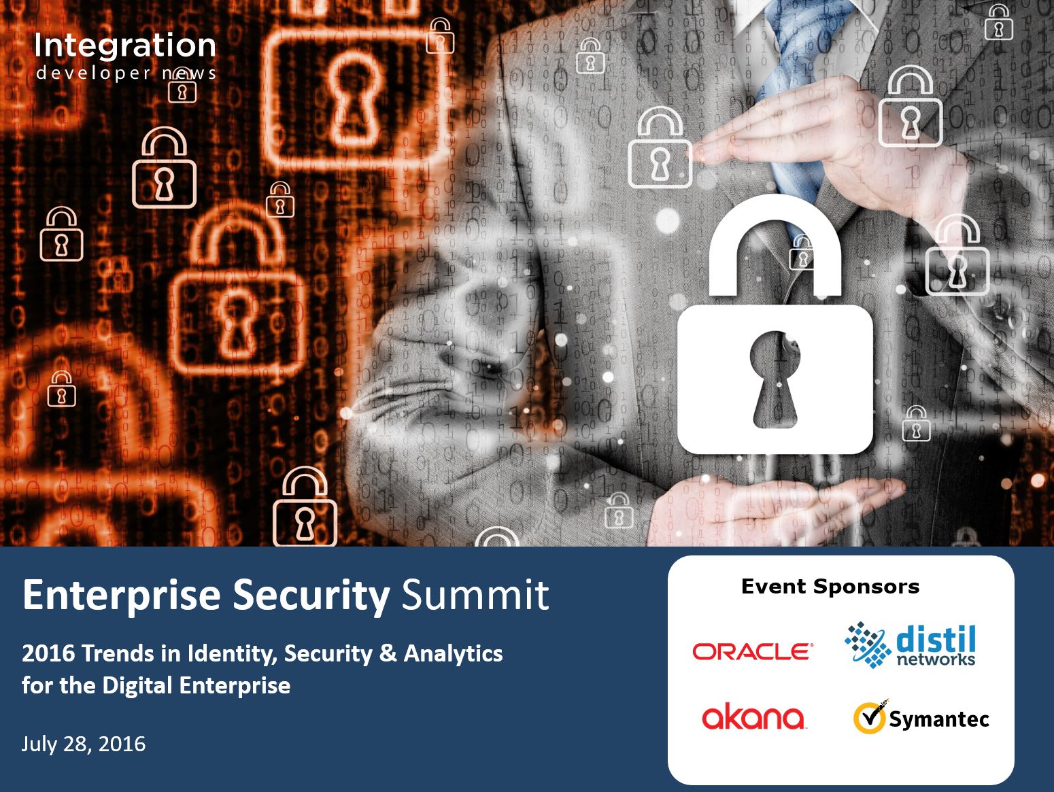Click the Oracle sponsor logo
753,652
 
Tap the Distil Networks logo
910,645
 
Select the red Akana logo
753,717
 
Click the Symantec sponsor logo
921,717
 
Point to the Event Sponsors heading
830,587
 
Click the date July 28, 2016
84,744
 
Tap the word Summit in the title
475,596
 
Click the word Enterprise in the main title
122,596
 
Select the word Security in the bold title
311,596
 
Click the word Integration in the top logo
125,46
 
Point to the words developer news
126,73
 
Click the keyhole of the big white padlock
775,379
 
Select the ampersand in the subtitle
388,653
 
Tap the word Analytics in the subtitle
454,654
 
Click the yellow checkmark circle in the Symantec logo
869,718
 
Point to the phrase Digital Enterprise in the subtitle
197,686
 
